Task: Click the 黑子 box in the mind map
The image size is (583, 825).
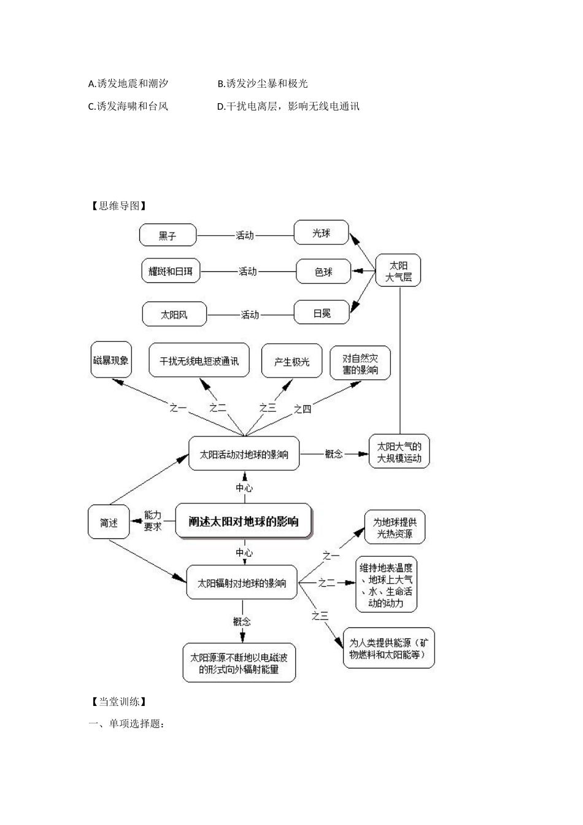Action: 168,235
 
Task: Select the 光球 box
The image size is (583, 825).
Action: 321,233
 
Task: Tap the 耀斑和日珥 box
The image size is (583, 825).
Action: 170,271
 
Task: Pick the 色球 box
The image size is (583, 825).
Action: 323,271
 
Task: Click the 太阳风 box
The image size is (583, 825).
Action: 174,314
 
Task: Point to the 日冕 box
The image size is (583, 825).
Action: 322,313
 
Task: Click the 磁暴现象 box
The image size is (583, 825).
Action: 111,360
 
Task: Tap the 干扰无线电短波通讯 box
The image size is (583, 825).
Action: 199,361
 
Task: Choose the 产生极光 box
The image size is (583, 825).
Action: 291,362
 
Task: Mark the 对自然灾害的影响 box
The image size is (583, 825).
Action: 360,363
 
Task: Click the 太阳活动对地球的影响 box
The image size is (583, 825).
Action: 244,454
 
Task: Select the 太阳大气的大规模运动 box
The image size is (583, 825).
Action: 399,452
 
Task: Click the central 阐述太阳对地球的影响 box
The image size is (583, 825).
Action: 244,522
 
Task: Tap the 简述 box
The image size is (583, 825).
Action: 109,522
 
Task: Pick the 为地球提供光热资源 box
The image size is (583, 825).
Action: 395,527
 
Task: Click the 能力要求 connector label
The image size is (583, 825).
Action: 153,521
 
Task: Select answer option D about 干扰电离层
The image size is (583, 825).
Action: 288,106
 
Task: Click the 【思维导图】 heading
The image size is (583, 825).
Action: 117,206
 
